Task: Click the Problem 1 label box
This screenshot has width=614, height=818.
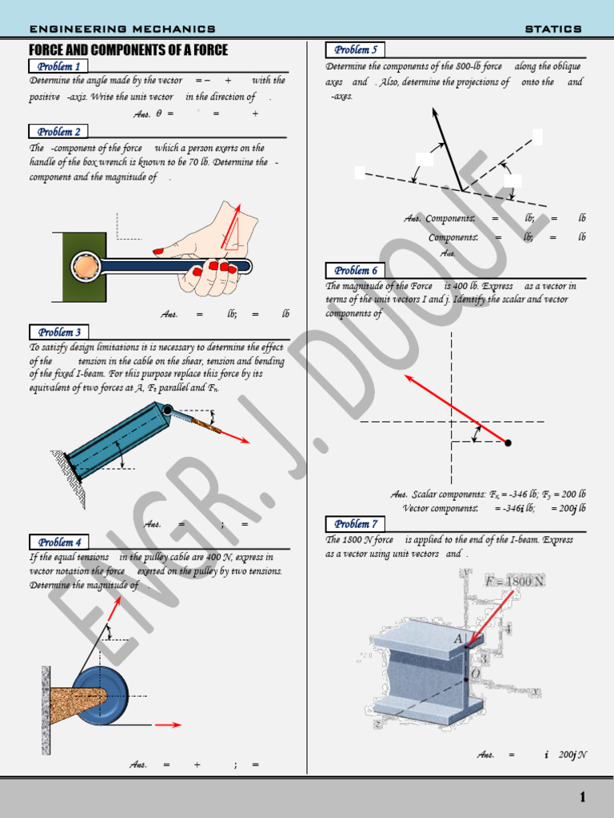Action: pyautogui.click(x=58, y=66)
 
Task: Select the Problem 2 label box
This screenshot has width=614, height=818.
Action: pyautogui.click(x=58, y=132)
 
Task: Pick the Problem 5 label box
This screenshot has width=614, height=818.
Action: pyautogui.click(x=355, y=50)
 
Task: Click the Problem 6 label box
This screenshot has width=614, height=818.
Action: pyautogui.click(x=355, y=271)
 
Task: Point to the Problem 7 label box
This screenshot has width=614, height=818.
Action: pyautogui.click(x=355, y=524)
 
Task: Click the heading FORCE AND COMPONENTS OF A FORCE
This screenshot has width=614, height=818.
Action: pyautogui.click(x=129, y=50)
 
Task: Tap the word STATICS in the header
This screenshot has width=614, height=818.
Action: pyautogui.click(x=553, y=29)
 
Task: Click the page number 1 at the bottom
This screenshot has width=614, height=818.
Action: pyautogui.click(x=583, y=797)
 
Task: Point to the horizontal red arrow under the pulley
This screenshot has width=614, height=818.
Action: pyautogui.click(x=168, y=725)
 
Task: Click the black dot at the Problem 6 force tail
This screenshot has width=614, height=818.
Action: pyautogui.click(x=508, y=442)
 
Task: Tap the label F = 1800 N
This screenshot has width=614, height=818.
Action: pyautogui.click(x=514, y=581)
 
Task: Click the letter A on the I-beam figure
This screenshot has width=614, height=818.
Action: pyautogui.click(x=458, y=638)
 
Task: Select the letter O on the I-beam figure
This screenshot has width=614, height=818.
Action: pyautogui.click(x=476, y=673)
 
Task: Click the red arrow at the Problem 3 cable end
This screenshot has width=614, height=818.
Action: pyautogui.click(x=235, y=436)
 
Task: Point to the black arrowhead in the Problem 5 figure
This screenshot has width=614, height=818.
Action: pyautogui.click(x=436, y=117)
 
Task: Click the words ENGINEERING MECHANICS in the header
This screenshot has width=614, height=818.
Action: pyautogui.click(x=122, y=29)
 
